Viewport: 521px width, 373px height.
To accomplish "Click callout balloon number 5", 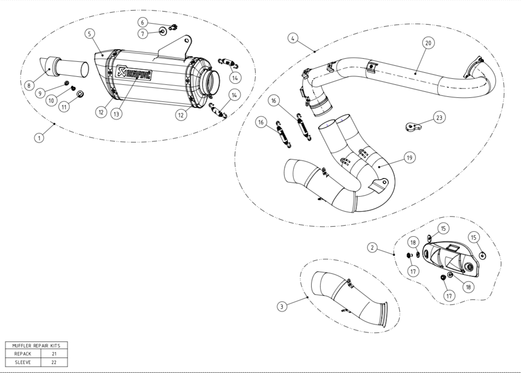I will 90,34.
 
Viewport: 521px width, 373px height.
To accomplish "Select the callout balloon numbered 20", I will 428,43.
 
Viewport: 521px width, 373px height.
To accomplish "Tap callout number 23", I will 439,117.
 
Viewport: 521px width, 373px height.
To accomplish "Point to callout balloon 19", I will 409,158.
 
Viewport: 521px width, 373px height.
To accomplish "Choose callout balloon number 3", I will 282,305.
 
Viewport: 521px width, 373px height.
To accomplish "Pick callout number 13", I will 117,114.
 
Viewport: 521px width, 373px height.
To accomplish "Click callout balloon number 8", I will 29,86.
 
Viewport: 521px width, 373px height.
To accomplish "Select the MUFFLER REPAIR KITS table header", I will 36,345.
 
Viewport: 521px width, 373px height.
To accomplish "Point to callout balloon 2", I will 372,247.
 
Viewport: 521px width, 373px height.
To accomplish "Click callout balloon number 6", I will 143,23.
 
